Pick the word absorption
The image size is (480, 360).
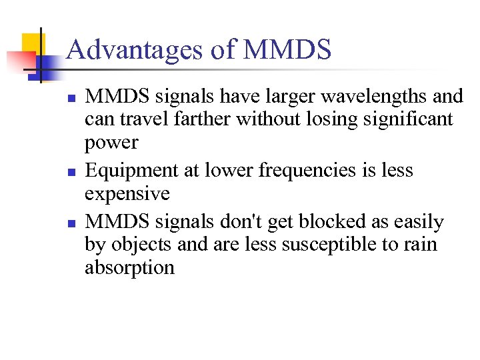click(x=129, y=268)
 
